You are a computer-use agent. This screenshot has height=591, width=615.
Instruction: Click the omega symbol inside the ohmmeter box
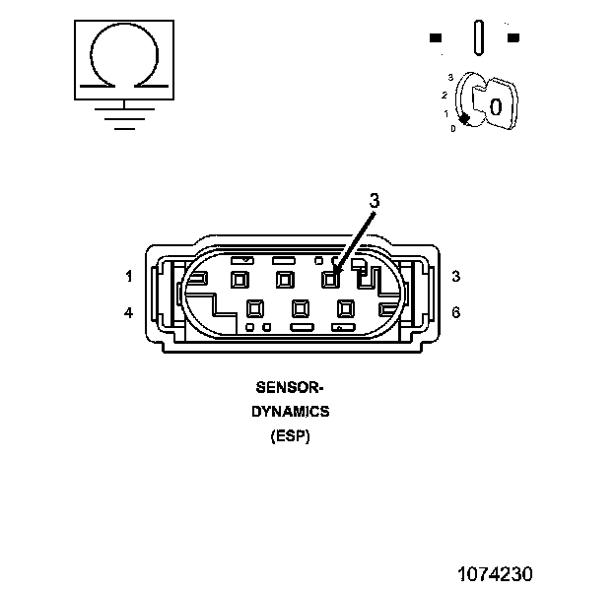pyautogui.click(x=122, y=57)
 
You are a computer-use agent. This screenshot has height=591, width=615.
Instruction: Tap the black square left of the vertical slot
pyautogui.click(x=436, y=38)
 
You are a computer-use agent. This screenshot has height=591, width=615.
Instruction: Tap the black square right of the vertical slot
pyautogui.click(x=512, y=38)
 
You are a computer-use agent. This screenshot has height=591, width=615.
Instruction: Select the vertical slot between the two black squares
pyautogui.click(x=478, y=37)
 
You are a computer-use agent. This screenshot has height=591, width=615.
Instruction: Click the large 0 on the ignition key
pyautogui.click(x=496, y=106)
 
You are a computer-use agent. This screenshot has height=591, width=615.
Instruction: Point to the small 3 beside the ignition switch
pyautogui.click(x=449, y=77)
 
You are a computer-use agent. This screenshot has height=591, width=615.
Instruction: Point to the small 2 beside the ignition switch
pyautogui.click(x=445, y=95)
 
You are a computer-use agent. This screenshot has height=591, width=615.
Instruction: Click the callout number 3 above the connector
pyautogui.click(x=375, y=200)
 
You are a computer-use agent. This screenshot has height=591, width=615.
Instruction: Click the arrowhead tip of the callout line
pyautogui.click(x=335, y=273)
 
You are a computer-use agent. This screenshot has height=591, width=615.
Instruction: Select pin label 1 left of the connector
pyautogui.click(x=129, y=277)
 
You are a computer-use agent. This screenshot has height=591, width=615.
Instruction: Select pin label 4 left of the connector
pyautogui.click(x=129, y=313)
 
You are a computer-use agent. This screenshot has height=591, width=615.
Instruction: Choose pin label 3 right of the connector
pyautogui.click(x=455, y=277)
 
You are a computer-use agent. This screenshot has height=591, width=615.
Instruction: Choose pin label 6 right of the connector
pyautogui.click(x=455, y=313)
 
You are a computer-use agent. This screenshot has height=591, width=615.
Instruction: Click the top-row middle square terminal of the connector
pyautogui.click(x=284, y=280)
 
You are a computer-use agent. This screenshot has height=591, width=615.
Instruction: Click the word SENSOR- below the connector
pyautogui.click(x=289, y=387)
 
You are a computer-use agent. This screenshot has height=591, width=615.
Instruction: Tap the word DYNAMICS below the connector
pyautogui.click(x=290, y=412)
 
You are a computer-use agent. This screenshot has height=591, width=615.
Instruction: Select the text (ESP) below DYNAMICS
pyautogui.click(x=290, y=436)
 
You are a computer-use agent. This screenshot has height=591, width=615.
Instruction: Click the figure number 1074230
pyautogui.click(x=495, y=573)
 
